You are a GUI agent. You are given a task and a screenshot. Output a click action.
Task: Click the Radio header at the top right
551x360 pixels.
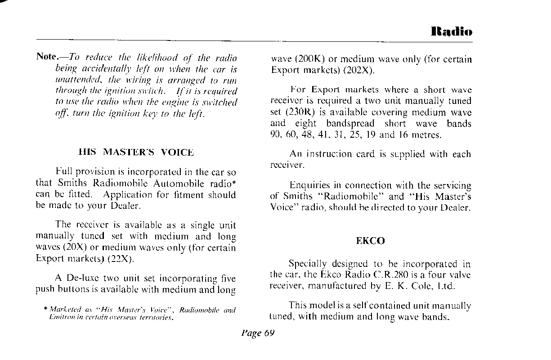[x=451, y=32]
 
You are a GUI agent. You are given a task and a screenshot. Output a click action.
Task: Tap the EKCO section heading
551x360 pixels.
[x=370, y=241]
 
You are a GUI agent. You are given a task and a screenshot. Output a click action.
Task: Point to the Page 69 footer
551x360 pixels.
[x=258, y=333]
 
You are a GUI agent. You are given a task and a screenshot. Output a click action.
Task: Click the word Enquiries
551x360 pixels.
[x=310, y=185]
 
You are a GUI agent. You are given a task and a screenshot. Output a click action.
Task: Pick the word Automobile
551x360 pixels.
[x=179, y=184]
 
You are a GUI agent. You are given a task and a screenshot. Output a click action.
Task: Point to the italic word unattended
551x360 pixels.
[x=73, y=81]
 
